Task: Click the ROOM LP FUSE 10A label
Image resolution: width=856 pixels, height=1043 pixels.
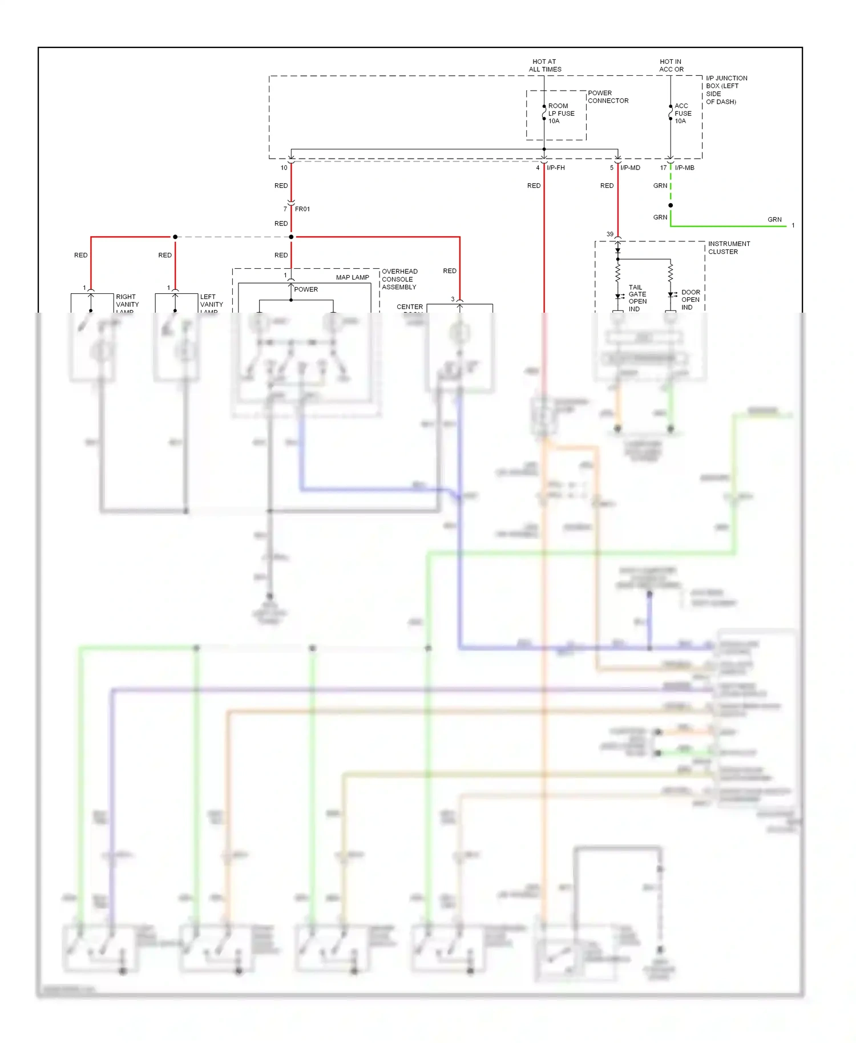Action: pyautogui.click(x=560, y=114)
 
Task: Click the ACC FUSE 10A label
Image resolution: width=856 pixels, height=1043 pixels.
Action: pyautogui.click(x=683, y=114)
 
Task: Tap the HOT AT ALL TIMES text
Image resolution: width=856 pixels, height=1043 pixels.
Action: pyautogui.click(x=544, y=66)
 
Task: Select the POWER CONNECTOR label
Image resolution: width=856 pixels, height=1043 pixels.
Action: pyautogui.click(x=608, y=97)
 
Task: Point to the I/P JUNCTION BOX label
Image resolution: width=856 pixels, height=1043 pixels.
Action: pyautogui.click(x=726, y=90)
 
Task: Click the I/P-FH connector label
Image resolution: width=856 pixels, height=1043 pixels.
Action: pyautogui.click(x=555, y=168)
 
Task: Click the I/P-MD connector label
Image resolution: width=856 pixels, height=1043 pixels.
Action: pyautogui.click(x=630, y=168)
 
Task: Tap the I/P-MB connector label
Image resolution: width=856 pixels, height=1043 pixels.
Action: pyautogui.click(x=684, y=168)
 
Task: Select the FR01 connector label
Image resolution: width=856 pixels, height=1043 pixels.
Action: pyautogui.click(x=302, y=209)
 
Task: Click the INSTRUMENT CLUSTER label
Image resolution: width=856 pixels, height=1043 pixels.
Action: pyautogui.click(x=729, y=248)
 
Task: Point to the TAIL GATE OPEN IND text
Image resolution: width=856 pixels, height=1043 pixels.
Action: pyautogui.click(x=637, y=298)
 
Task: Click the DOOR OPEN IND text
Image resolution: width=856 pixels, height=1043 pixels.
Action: pyautogui.click(x=690, y=300)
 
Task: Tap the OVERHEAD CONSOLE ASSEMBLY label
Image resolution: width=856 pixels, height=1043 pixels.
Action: pyautogui.click(x=399, y=280)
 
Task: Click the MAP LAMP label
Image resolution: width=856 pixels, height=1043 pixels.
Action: pyautogui.click(x=352, y=278)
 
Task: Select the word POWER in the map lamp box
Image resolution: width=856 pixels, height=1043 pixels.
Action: pyautogui.click(x=306, y=290)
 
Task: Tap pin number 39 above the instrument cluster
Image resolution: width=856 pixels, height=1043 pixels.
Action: pyautogui.click(x=610, y=235)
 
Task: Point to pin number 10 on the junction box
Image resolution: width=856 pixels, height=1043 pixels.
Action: pyautogui.click(x=284, y=168)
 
